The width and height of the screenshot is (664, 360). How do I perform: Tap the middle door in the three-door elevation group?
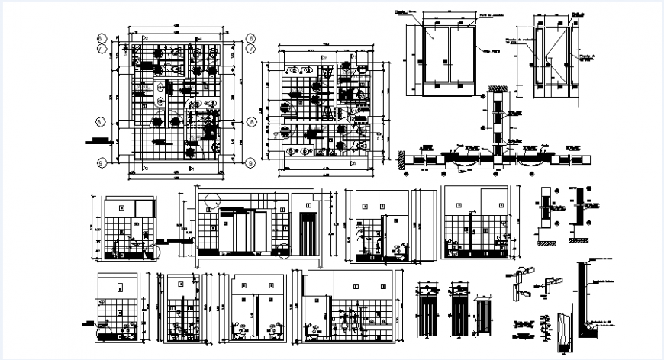pos(458,313)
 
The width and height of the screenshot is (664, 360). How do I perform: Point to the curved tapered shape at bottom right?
pos(562,333)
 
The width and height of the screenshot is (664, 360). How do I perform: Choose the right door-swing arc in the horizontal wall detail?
pos(527,159)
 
